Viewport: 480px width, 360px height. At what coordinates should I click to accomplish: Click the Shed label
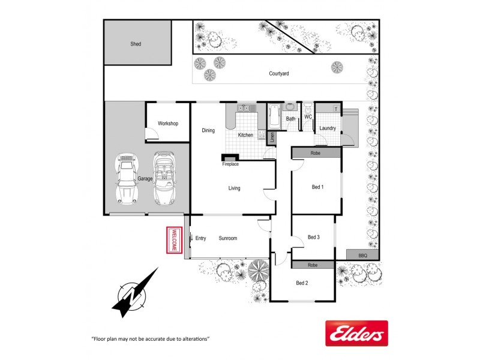point(136,44)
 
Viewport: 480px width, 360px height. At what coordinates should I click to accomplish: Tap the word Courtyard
point(279,73)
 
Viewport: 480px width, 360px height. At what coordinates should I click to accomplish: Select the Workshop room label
point(168,124)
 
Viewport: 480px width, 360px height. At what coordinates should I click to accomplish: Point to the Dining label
point(208,130)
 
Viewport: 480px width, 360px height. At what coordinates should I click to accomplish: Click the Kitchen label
point(245,135)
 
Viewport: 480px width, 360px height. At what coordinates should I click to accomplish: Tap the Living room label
point(234,188)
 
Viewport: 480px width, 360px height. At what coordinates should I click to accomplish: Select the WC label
point(308,116)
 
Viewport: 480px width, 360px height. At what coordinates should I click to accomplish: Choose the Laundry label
point(328,128)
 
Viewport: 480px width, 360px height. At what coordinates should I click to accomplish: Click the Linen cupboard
point(271,138)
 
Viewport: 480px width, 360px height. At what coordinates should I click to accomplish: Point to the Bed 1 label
point(317,187)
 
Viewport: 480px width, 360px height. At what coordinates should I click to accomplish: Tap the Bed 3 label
point(313,237)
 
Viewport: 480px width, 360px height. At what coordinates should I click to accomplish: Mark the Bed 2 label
point(302,283)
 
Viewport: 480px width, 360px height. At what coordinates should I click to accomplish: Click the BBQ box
point(362,256)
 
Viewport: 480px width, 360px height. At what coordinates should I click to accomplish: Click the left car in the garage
point(127,178)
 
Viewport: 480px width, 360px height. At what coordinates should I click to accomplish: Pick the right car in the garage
point(164,178)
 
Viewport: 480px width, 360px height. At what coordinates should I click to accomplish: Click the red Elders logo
point(356,333)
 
